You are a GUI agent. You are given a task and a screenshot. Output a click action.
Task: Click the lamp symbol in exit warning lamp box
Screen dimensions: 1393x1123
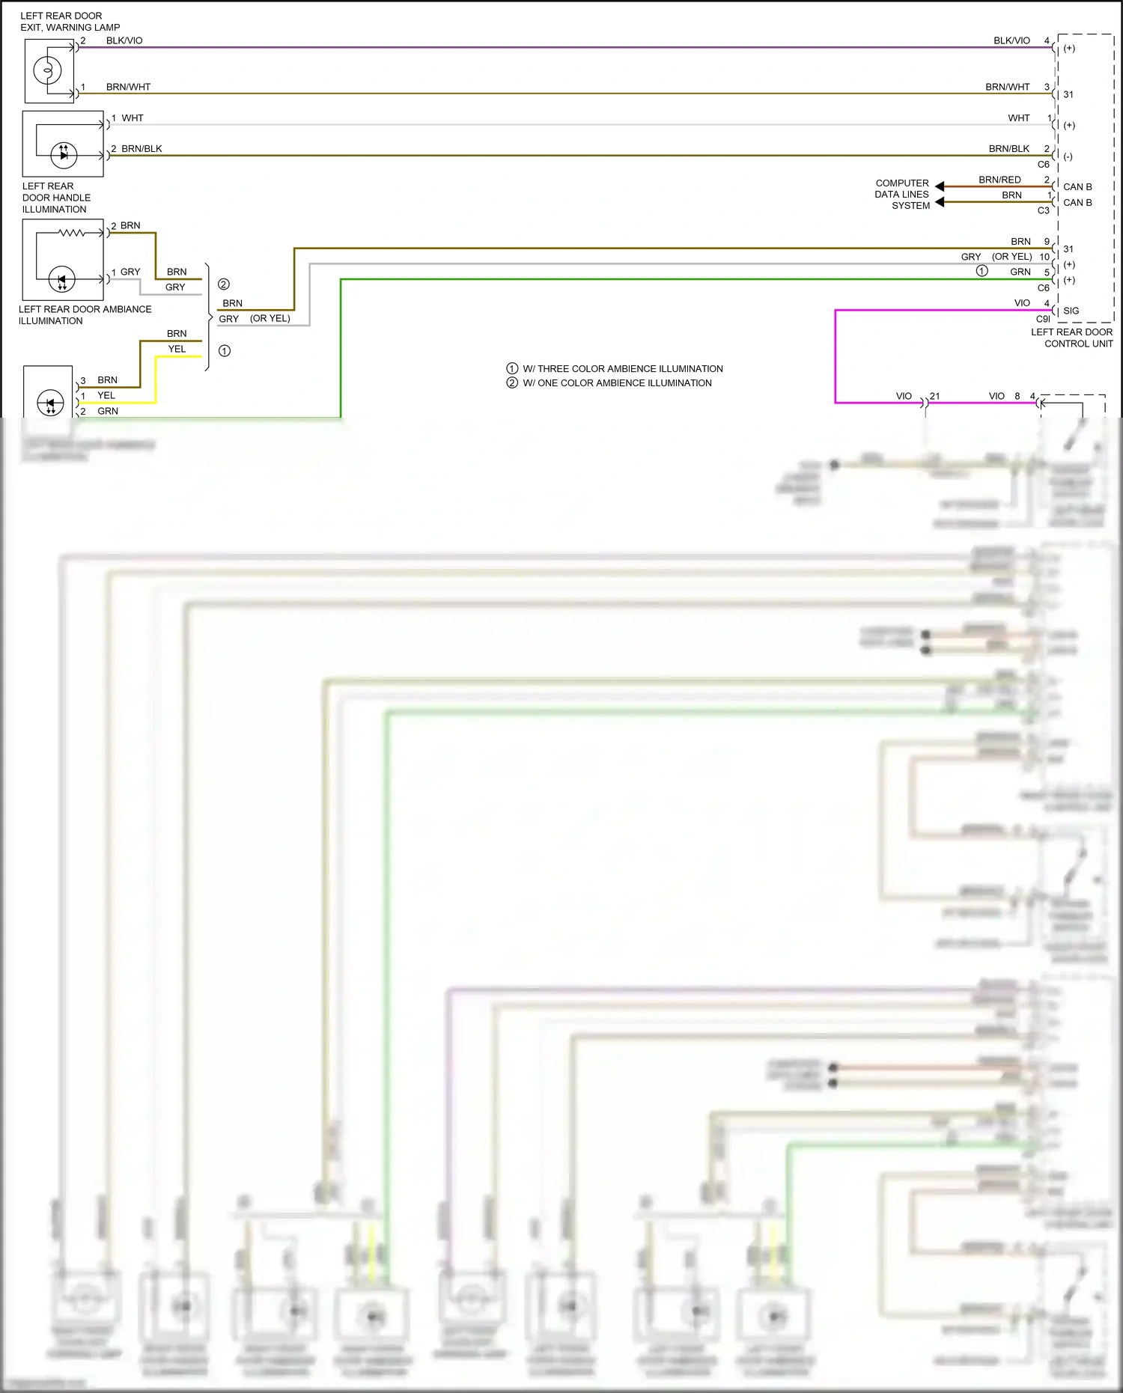47,71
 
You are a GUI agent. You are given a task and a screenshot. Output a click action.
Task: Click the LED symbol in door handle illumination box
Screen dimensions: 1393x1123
64,155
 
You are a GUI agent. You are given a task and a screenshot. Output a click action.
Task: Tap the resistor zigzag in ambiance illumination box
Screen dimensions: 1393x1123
72,233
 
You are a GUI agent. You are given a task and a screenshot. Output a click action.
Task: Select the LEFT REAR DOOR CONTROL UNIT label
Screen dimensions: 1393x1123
1071,338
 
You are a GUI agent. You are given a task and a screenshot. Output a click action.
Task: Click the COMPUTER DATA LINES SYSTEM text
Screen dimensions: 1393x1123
902,194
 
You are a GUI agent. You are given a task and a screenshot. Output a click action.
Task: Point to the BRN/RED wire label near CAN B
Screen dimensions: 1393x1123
999,180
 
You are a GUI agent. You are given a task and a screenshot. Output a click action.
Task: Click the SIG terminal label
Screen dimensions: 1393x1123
1071,311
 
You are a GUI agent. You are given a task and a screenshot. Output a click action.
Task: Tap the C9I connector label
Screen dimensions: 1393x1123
1042,319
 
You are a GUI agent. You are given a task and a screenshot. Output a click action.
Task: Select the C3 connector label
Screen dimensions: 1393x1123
1043,210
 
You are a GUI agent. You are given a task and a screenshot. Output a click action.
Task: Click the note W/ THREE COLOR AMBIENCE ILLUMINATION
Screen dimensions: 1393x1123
622,368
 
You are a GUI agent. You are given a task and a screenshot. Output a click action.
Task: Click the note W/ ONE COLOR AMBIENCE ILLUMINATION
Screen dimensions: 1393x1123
617,382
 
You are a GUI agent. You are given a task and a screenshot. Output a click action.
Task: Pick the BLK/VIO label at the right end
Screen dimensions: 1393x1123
1011,40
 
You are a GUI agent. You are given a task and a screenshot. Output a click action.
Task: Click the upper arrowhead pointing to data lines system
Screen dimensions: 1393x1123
940,186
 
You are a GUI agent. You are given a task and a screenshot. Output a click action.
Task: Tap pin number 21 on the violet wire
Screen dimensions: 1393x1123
934,396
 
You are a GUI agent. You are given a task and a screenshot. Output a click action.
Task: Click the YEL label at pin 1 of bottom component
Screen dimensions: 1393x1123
106,395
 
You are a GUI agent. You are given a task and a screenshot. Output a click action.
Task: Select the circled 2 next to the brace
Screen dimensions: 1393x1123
223,284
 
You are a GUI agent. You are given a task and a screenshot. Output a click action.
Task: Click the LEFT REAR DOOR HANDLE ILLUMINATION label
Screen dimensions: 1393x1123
55,198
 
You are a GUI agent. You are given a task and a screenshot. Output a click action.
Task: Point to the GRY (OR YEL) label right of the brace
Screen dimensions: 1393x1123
254,318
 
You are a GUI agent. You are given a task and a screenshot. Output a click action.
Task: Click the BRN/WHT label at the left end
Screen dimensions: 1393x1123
128,87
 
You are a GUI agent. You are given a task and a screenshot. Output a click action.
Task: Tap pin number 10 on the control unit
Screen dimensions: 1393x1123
1044,257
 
